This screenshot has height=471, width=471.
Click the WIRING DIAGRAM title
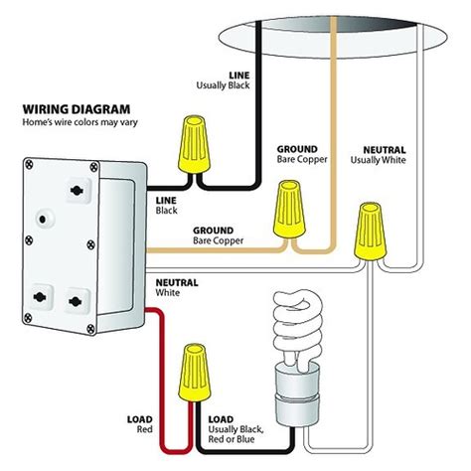click(77, 109)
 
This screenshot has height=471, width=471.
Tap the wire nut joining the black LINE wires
click(195, 144)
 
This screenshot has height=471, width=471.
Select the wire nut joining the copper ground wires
click(289, 209)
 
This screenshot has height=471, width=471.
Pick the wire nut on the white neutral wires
click(371, 232)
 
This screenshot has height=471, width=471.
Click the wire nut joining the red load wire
click(195, 373)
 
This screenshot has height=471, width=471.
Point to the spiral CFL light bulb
click(297, 358)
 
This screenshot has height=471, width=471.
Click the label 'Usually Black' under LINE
click(223, 85)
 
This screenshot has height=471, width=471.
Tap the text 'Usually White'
click(378, 160)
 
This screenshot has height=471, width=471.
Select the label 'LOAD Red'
click(140, 424)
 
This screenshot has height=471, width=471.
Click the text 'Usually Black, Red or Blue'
click(235, 434)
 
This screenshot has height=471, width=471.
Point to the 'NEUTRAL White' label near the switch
click(177, 287)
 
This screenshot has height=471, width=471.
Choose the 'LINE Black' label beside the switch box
click(166, 206)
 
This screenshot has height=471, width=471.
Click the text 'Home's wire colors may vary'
click(79, 122)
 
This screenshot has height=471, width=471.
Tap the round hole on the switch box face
click(43, 220)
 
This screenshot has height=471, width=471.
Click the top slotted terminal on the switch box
click(77, 191)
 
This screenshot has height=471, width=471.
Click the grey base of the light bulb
click(297, 394)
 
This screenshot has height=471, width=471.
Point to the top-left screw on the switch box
click(29, 164)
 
